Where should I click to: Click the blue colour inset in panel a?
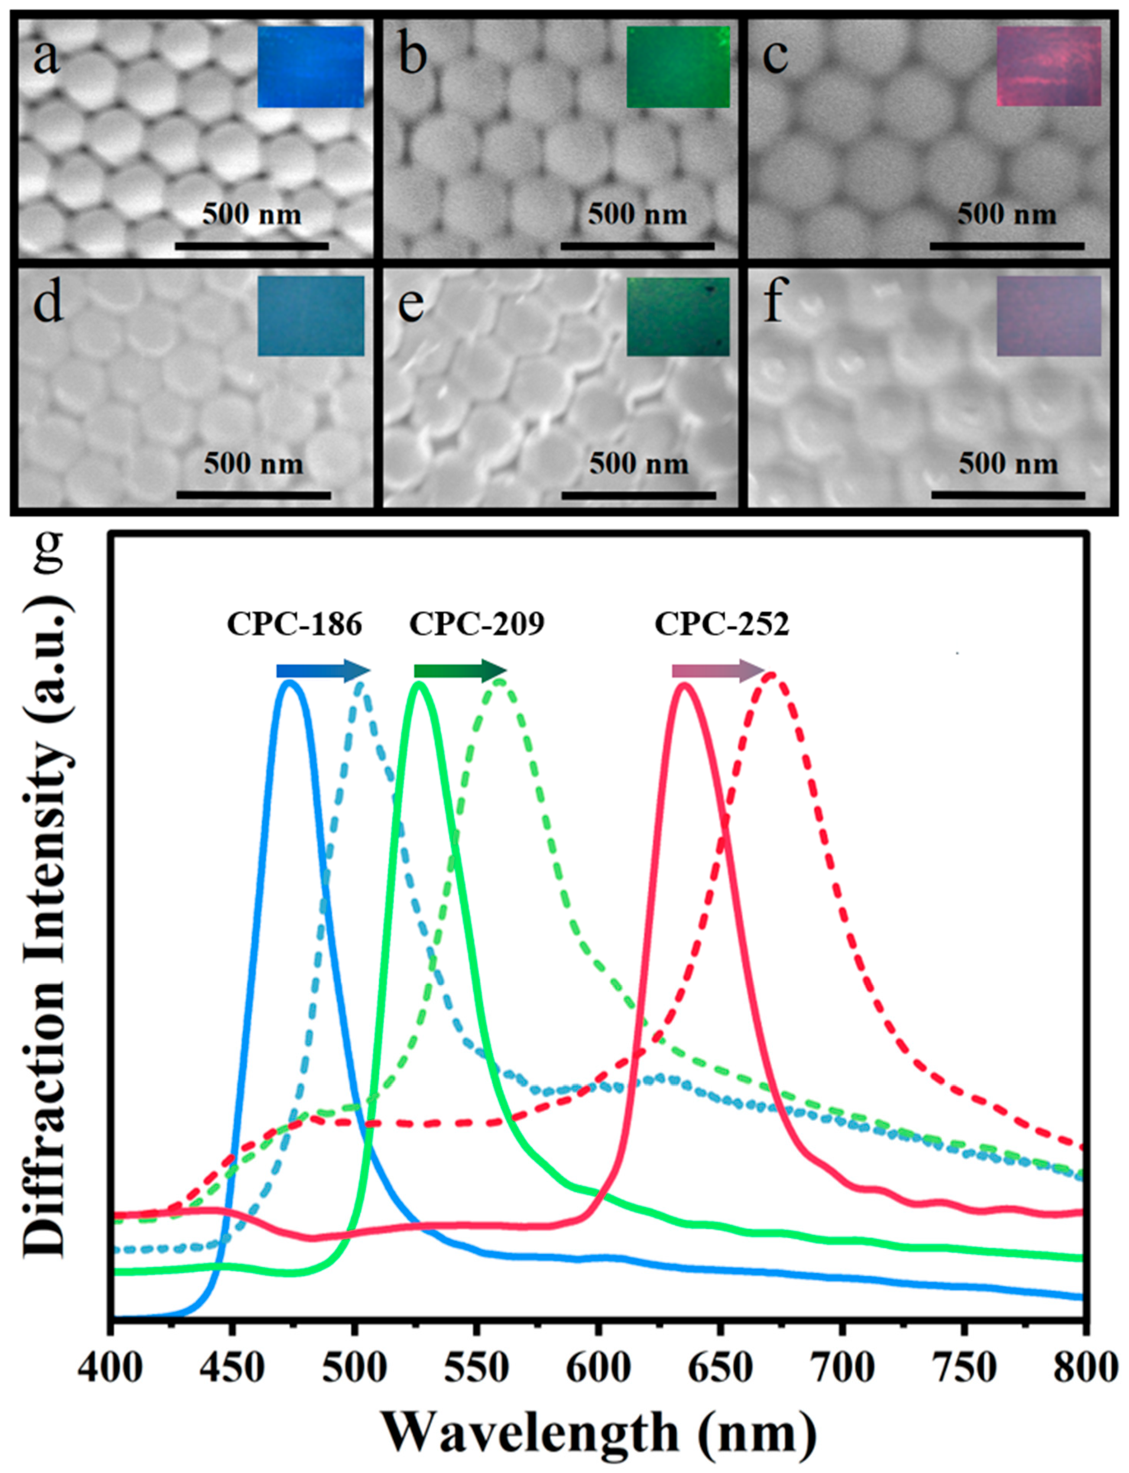pos(310,67)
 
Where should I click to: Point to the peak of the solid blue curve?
pos(290,683)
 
